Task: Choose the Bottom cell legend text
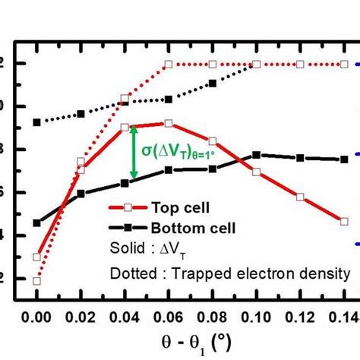[x=194, y=226]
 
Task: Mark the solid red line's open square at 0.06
[x=169, y=124]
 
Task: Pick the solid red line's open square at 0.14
[x=344, y=221]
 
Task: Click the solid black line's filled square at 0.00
[x=36, y=223]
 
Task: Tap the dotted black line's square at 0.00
[x=36, y=122]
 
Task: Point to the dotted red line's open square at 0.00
[x=36, y=281]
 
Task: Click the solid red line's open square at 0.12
[x=301, y=197]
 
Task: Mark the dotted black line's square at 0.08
[x=213, y=83]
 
